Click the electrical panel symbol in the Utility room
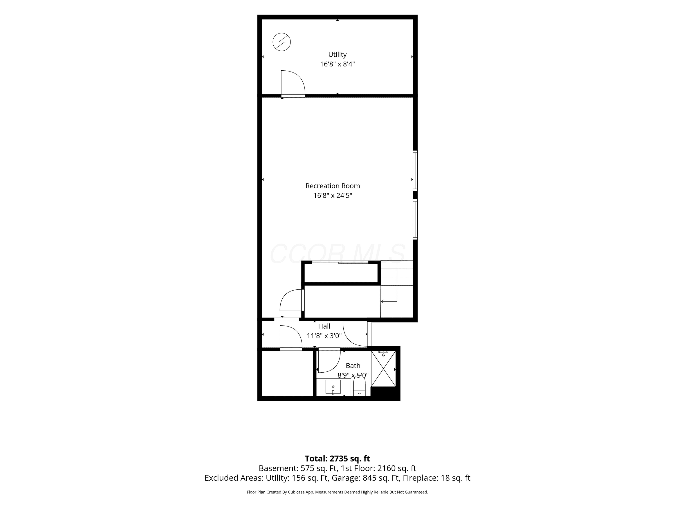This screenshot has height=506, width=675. pyautogui.click(x=281, y=42)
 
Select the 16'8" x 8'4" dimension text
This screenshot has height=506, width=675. pyautogui.click(x=337, y=64)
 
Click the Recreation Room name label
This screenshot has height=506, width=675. pyautogui.click(x=333, y=186)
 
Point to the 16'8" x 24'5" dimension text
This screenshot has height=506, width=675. pyautogui.click(x=333, y=195)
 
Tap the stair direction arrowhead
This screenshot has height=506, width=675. pyautogui.click(x=382, y=302)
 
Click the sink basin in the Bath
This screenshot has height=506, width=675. pyautogui.click(x=333, y=387)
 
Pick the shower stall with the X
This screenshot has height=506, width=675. pyautogui.click(x=383, y=368)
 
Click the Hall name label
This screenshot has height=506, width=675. pyautogui.click(x=324, y=326)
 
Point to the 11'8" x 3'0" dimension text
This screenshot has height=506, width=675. pyautogui.click(x=324, y=336)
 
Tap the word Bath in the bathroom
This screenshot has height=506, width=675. pyautogui.click(x=353, y=365)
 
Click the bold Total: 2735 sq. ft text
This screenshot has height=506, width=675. pyautogui.click(x=337, y=458)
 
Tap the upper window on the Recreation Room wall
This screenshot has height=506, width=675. pyautogui.click(x=415, y=170)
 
